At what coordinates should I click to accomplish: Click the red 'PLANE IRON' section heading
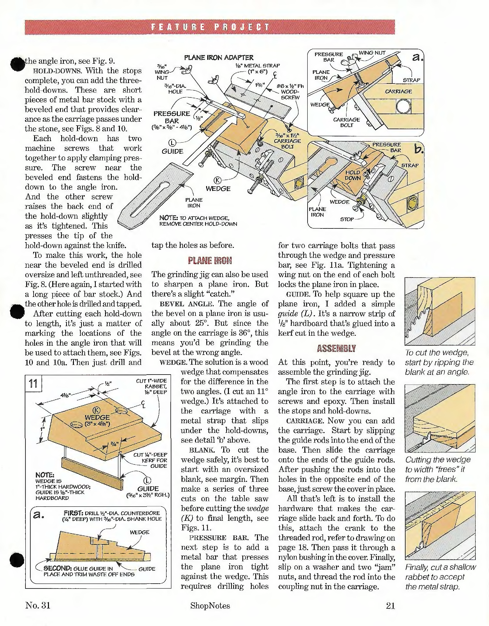pos(210,260)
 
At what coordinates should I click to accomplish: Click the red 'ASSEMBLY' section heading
pos(336,349)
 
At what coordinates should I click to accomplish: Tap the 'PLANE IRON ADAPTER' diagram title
pos(219,58)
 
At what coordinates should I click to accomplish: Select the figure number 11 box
pos(33,383)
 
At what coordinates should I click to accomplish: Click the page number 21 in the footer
pos(390,606)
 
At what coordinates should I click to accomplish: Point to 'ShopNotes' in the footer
pos(210,606)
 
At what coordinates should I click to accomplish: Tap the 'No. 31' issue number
pos(38,605)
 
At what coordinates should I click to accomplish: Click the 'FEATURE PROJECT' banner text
pos(210,27)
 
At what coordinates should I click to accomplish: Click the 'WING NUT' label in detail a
pos(372,53)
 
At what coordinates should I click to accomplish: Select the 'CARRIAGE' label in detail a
pos(398,91)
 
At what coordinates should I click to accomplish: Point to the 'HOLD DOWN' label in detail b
pos(353,175)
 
